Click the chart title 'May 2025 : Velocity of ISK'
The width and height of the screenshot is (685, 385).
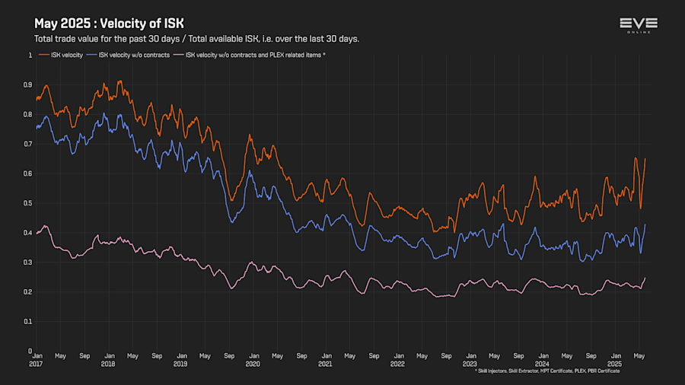[x=109, y=24]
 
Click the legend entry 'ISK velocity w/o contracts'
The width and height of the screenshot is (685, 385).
[x=131, y=55]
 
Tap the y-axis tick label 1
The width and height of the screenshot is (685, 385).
[x=30, y=55]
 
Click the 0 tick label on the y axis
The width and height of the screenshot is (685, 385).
[x=30, y=351]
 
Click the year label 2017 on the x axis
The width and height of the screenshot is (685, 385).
[x=36, y=364]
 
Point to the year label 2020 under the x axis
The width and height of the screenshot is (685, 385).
[x=253, y=364]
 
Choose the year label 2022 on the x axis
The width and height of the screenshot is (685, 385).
[x=397, y=364]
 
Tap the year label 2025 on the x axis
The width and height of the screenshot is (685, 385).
[x=614, y=364]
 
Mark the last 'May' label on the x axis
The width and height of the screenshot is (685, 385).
[x=639, y=355]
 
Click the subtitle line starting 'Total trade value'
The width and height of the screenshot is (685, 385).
[x=196, y=39]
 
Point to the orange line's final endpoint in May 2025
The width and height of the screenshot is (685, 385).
[x=645, y=158]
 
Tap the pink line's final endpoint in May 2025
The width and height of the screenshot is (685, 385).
[x=645, y=278]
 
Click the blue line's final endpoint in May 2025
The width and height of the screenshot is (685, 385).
[x=645, y=224]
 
